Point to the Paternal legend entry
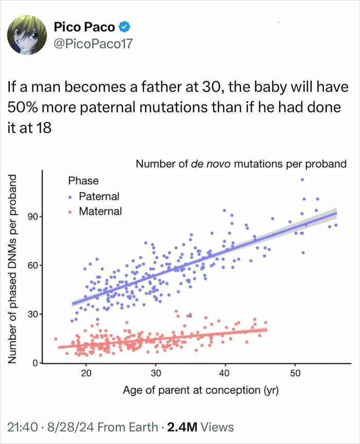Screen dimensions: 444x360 coord(99,196)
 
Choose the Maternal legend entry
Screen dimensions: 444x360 coord(100,211)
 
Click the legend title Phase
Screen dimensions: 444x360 coord(83,181)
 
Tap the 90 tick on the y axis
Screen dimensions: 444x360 coord(32,217)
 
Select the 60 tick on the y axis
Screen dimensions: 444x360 coord(32,265)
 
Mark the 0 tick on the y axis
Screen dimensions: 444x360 coord(35,363)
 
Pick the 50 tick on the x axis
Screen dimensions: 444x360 coord(295,373)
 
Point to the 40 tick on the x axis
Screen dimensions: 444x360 coord(225,373)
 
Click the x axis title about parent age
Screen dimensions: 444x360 coord(201,390)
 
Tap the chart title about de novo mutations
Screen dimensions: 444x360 coord(241,164)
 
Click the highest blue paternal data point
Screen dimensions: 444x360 coord(302,180)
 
